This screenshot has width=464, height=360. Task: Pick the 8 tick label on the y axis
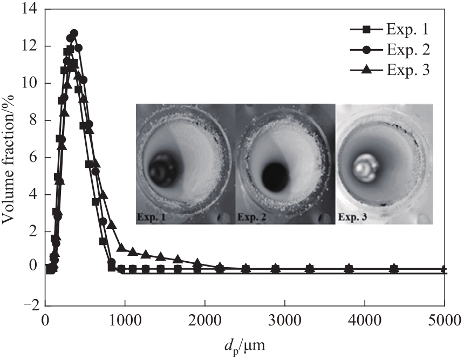pyautogui.click(x=32, y=120)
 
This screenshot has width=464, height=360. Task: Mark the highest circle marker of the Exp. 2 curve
pyautogui.click(x=74, y=33)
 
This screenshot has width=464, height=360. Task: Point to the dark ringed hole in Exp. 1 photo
pyautogui.click(x=161, y=172)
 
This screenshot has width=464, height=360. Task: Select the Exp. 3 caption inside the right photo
pyautogui.click(x=353, y=218)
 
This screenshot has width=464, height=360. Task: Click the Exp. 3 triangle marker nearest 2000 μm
pyautogui.click(x=197, y=263)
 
